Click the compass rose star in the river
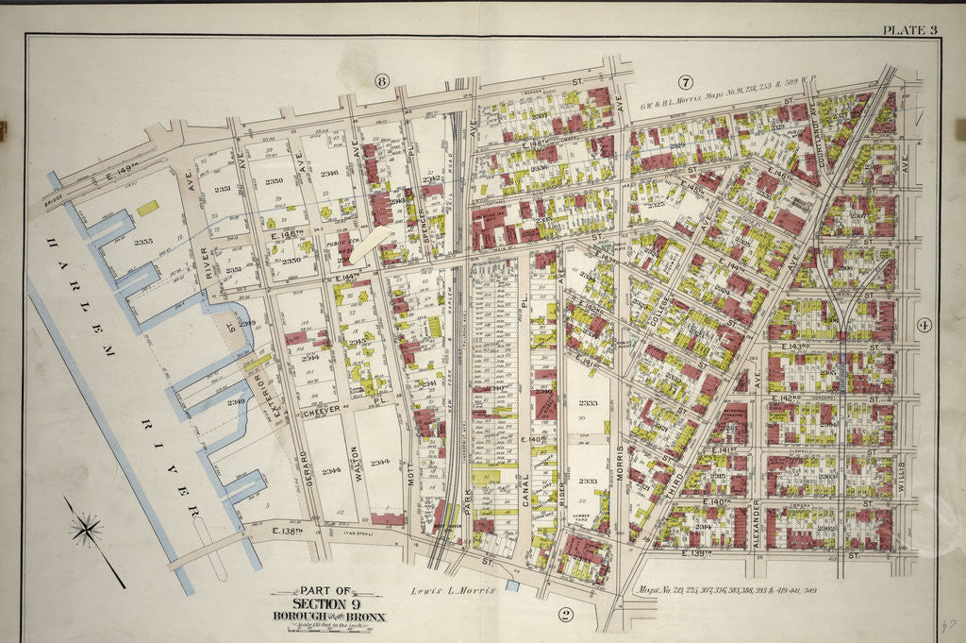[x=87, y=529]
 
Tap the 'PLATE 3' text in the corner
[x=909, y=29]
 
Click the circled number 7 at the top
[x=686, y=82]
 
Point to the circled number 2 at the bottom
[x=565, y=615]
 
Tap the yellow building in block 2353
[x=147, y=206]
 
